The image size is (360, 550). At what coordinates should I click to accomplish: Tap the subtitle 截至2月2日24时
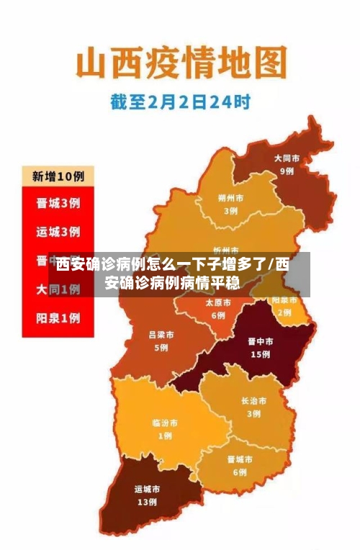(180, 102)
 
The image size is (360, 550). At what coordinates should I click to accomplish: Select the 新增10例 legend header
(58, 176)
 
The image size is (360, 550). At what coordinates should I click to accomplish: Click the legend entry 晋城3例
(58, 203)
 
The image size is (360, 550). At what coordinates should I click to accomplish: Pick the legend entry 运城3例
(58, 232)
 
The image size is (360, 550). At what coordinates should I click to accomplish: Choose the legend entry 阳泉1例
(58, 317)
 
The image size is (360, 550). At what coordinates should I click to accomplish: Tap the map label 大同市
(287, 158)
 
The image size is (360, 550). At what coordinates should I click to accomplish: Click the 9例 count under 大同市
(287, 171)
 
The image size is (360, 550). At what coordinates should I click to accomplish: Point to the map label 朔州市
(230, 198)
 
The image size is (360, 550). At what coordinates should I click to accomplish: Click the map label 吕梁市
(161, 335)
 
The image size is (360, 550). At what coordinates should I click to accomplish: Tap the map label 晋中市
(260, 342)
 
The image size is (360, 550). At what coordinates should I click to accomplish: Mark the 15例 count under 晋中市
(260, 355)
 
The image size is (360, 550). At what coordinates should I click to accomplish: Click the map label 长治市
(253, 400)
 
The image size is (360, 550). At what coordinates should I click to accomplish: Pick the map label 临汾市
(165, 423)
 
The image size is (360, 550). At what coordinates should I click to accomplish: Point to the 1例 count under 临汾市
(165, 436)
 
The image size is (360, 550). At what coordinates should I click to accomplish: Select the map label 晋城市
(239, 459)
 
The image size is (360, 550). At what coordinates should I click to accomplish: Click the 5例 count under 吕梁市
(161, 348)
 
